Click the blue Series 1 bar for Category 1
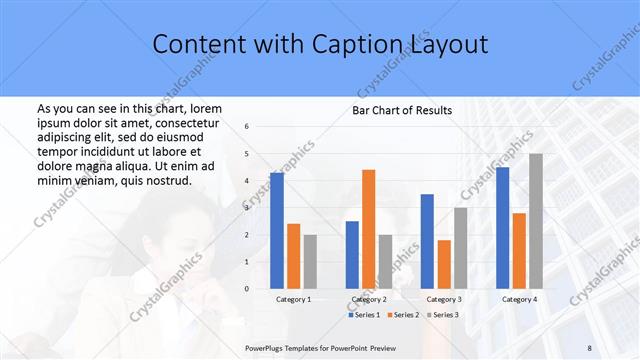pos(277,231)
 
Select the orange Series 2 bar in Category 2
pos(368,229)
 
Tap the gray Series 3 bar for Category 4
pos(536,221)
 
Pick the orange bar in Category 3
pos(444,264)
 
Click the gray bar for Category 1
pos(310,262)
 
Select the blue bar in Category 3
pos(427,241)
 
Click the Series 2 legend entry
pos(402,315)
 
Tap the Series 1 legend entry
pos(364,315)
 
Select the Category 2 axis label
pos(369,299)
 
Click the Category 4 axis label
pos(518,299)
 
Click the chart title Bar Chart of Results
pos(402,110)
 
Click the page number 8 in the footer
pos(589,347)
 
